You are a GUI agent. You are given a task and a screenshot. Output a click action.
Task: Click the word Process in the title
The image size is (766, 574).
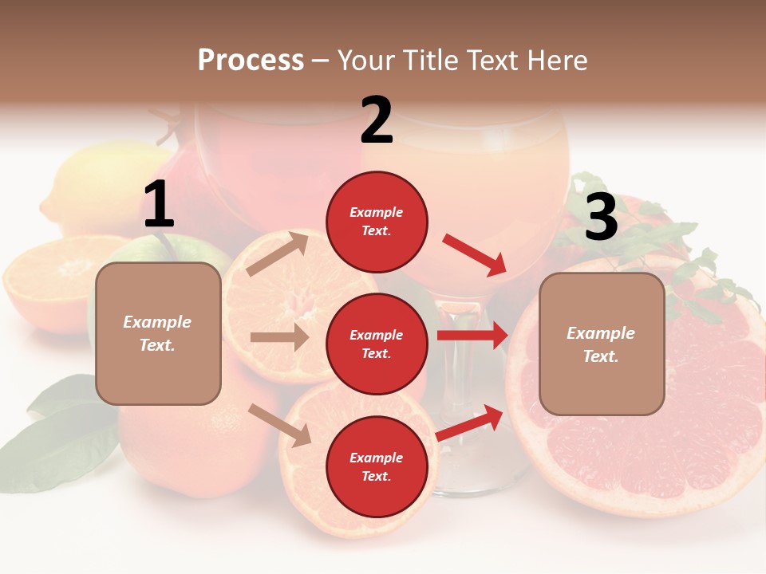tap(251, 61)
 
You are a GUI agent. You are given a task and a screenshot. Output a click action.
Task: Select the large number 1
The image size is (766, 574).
tap(159, 205)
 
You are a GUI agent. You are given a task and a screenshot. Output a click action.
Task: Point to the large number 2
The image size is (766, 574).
tap(377, 120)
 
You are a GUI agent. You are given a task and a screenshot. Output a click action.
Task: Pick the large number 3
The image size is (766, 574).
tap(601, 218)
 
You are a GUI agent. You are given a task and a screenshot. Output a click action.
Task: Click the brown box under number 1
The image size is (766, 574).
tap(158, 333)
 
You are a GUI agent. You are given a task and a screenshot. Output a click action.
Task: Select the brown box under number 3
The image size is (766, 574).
tap(602, 344)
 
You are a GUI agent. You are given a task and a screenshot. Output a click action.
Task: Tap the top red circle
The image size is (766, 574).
tap(377, 222)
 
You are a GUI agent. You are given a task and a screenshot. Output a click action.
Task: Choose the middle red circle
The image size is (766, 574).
tap(377, 344)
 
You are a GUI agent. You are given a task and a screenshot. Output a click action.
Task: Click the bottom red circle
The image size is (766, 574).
tap(377, 466)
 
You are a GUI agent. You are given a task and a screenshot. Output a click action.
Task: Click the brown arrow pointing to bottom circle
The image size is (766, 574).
tap(280, 425)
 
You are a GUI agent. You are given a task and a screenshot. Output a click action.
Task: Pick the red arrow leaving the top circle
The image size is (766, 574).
tap(474, 255)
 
